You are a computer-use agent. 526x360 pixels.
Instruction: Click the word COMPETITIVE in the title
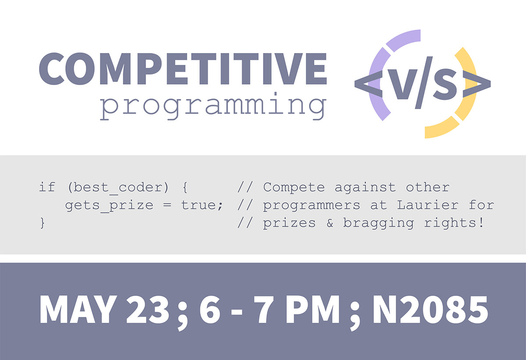click(183, 68)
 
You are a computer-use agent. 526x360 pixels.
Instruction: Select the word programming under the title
click(213, 106)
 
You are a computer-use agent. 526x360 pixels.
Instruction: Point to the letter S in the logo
click(445, 84)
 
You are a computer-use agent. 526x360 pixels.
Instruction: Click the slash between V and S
click(424, 83)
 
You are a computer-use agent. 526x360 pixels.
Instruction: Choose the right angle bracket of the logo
click(476, 85)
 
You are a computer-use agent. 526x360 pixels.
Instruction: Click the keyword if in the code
click(47, 187)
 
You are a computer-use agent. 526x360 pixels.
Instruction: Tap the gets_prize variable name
click(109, 206)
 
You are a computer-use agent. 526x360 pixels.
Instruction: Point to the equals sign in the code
click(167, 205)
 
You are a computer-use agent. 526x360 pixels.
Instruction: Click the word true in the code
click(199, 205)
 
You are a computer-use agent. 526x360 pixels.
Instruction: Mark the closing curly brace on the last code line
click(42, 223)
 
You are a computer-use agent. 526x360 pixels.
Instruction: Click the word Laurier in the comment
click(428, 205)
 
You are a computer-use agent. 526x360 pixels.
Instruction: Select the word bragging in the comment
click(379, 223)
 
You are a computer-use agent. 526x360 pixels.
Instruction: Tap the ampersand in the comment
click(330, 223)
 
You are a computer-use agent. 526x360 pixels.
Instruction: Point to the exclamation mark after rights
click(481, 222)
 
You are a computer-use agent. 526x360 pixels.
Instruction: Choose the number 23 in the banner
click(148, 309)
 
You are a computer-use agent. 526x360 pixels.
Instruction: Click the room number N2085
click(430, 309)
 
